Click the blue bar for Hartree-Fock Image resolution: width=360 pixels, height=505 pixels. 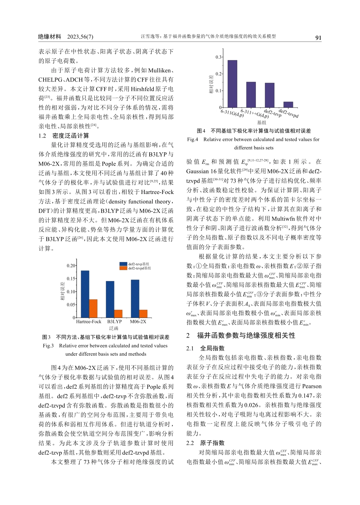click(85, 294)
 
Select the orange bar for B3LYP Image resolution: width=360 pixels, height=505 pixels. click(118, 314)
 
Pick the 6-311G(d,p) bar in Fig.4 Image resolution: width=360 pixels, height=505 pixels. click(232, 84)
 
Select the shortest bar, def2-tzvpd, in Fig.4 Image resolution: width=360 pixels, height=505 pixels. click(288, 105)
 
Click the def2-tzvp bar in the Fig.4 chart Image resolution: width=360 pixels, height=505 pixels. click(269, 95)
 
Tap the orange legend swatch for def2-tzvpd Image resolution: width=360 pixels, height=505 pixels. click(123, 268)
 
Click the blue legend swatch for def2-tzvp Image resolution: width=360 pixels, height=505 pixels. click(123, 264)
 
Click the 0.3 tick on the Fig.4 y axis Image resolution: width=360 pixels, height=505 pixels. click(219, 57)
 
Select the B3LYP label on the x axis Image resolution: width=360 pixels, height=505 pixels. click(114, 322)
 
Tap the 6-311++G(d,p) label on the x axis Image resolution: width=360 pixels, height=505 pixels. click(254, 113)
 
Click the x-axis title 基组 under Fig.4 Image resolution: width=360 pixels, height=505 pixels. click(261, 123)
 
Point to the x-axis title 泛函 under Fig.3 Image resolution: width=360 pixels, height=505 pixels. click(114, 328)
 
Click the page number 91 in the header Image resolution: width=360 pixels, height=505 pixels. click(318, 38)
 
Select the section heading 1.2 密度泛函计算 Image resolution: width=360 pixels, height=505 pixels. click(64, 136)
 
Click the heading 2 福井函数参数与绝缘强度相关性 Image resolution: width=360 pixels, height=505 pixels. click(241, 336)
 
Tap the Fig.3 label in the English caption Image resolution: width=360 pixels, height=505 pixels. click(48, 346)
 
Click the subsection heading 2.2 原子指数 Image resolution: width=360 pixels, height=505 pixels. click(205, 443)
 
